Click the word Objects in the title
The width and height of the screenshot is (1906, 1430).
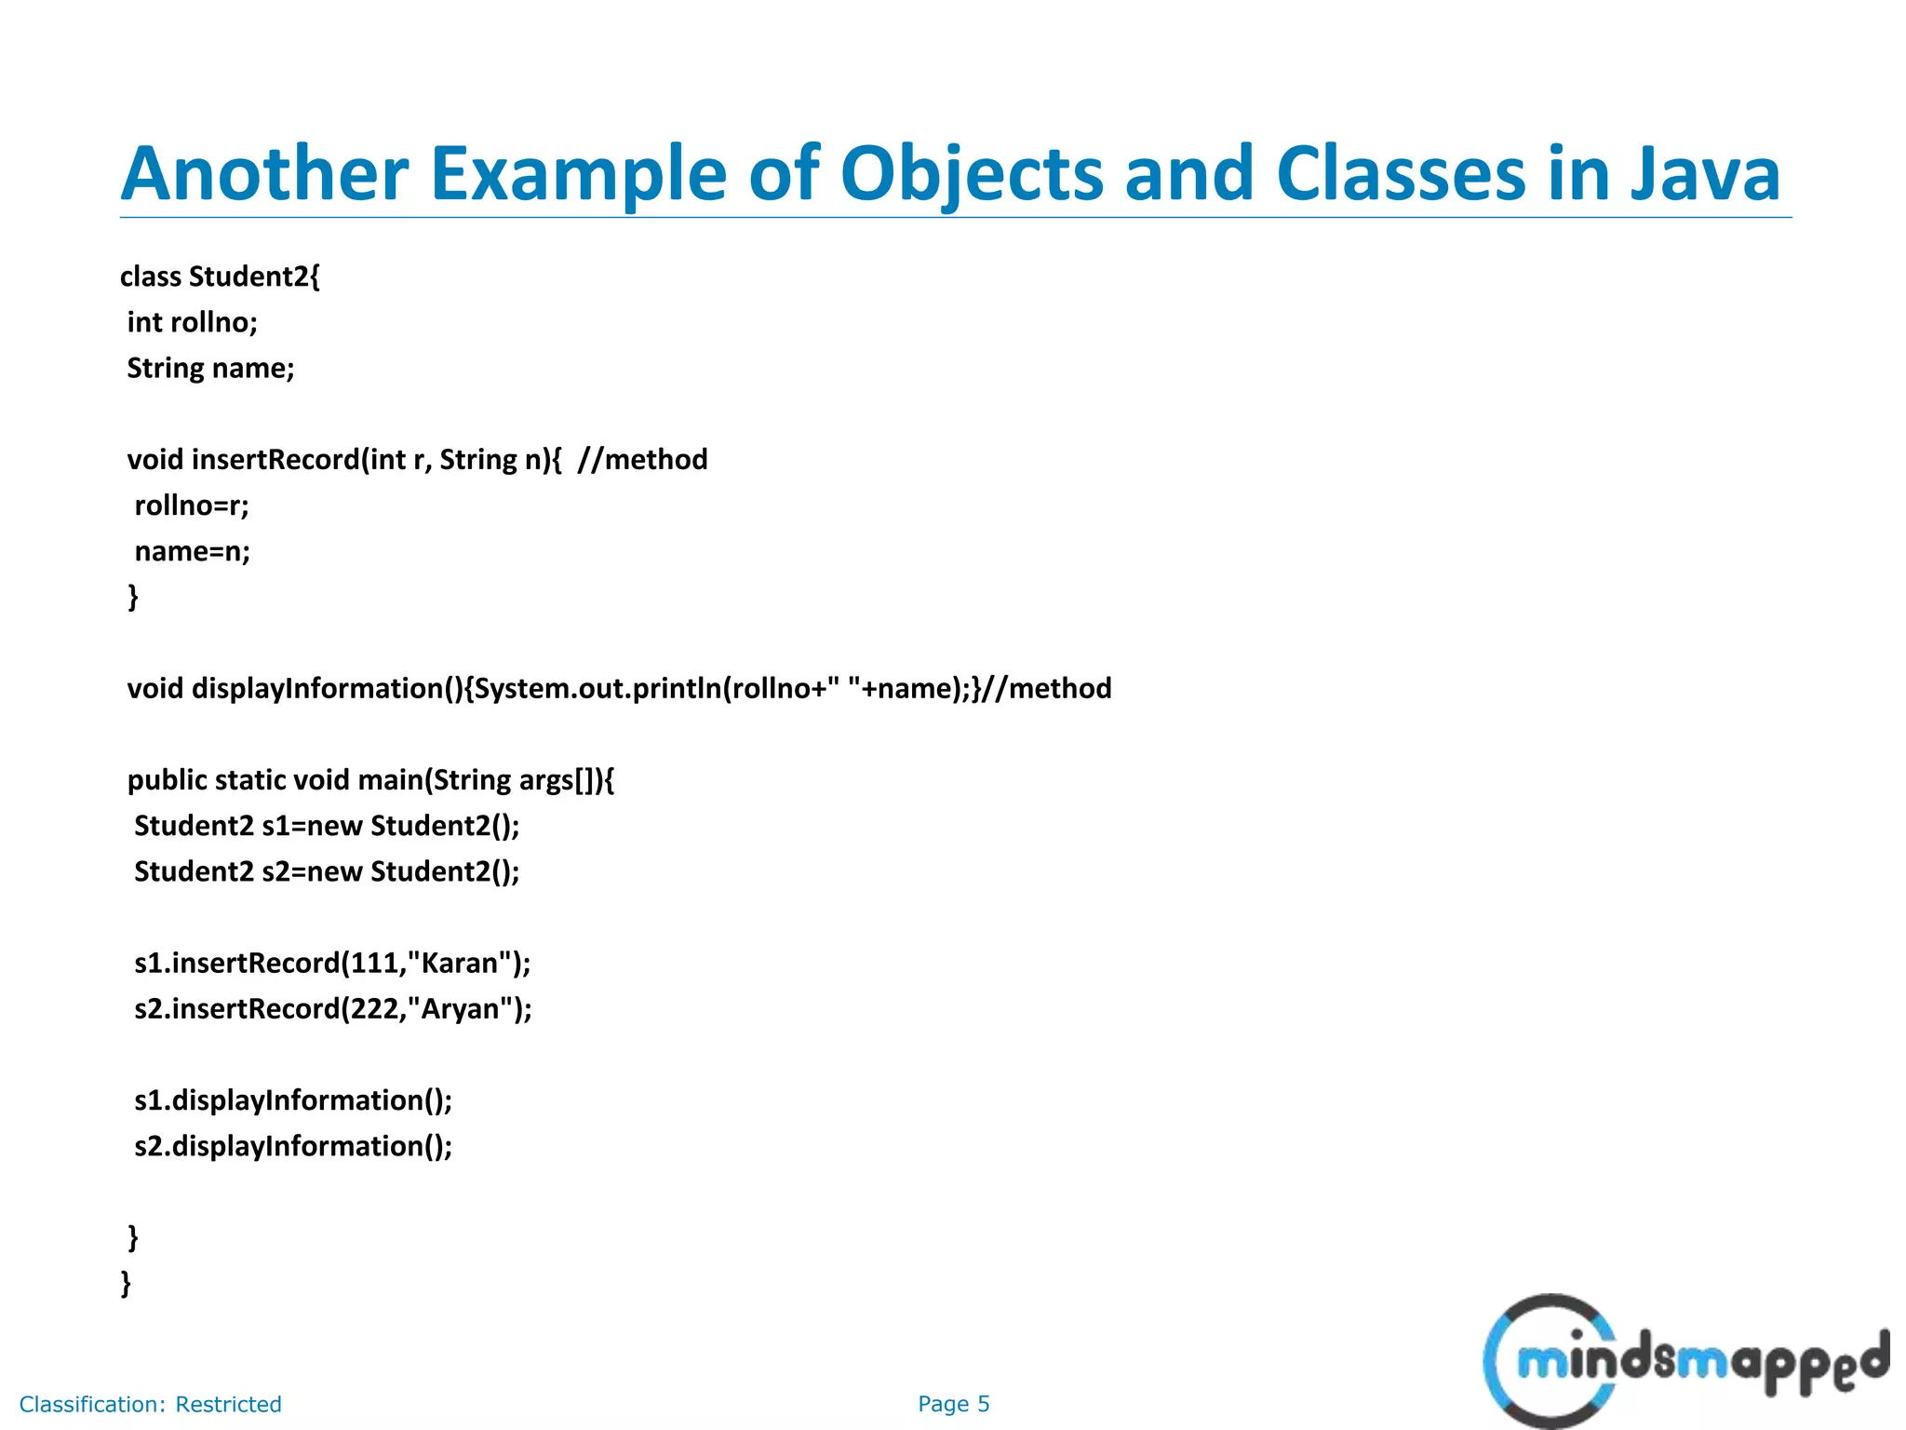(x=971, y=174)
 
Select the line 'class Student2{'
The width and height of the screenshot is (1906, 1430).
(x=220, y=277)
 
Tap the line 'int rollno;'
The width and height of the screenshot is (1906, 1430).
(x=192, y=322)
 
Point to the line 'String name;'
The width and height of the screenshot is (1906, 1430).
(x=210, y=368)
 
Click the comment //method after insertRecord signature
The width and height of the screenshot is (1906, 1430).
(x=642, y=459)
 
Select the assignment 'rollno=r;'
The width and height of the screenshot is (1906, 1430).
(x=192, y=506)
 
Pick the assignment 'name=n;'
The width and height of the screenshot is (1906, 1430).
(x=193, y=551)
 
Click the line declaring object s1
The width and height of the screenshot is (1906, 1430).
(x=327, y=826)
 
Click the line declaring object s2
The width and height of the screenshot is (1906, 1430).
(x=327, y=871)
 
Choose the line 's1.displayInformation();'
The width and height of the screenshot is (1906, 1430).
(x=293, y=1100)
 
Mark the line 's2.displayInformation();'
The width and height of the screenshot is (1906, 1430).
(x=293, y=1146)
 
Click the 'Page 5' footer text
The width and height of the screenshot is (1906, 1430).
(x=953, y=1404)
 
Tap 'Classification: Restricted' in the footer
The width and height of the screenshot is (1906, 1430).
(x=150, y=1404)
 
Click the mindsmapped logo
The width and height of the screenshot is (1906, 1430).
(x=1685, y=1361)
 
